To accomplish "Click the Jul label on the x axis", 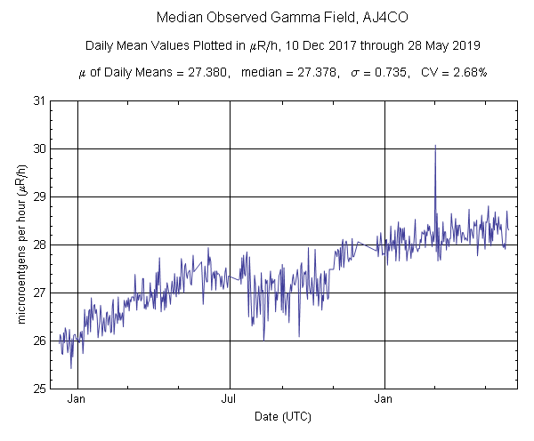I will (x=231, y=399).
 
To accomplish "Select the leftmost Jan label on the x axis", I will (x=77, y=399).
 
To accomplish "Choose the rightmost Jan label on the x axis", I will (x=384, y=399).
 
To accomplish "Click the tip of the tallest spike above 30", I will (x=435, y=145).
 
